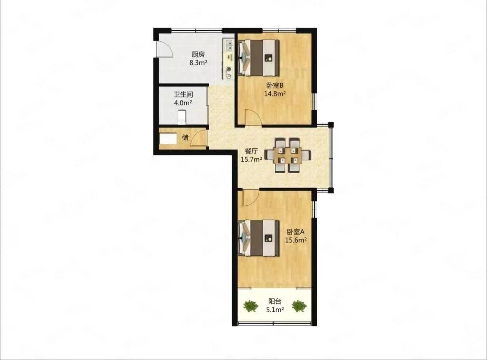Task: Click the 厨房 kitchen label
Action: click(x=198, y=54)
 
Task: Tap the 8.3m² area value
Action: click(x=198, y=63)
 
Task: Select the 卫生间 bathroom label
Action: click(x=183, y=94)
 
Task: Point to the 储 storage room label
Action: click(x=185, y=138)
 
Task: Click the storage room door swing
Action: click(x=199, y=138)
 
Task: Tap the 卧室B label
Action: click(x=275, y=85)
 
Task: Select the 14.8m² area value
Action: click(x=275, y=94)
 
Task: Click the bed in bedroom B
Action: click(x=259, y=58)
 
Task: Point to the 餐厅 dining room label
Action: click(x=251, y=151)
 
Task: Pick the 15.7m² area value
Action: click(x=251, y=160)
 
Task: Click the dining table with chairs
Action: click(x=288, y=155)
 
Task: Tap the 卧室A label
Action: click(x=296, y=231)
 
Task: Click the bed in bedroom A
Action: click(x=259, y=238)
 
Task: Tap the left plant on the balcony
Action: click(x=251, y=306)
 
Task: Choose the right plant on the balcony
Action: click(x=299, y=306)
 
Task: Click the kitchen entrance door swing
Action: click(x=164, y=49)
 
